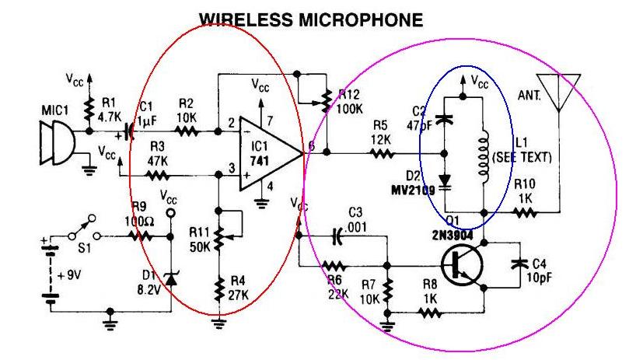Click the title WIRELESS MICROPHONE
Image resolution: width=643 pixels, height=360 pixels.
(311, 20)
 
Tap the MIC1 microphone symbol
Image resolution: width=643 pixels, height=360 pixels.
(58, 145)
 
